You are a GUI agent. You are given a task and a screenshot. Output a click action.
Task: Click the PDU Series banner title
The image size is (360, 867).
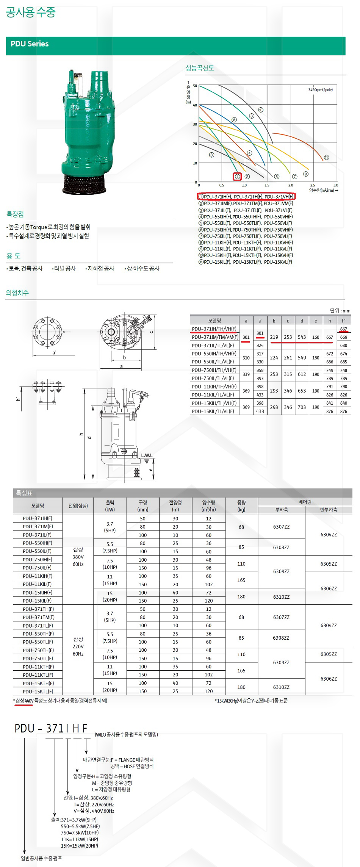pos(30,44)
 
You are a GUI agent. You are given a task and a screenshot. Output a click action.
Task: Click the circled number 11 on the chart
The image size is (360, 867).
pos(326,158)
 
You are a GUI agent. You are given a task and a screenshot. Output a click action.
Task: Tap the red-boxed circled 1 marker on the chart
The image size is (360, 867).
pos(237,176)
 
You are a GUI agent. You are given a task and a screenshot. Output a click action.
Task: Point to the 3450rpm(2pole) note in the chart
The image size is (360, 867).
pos(320,90)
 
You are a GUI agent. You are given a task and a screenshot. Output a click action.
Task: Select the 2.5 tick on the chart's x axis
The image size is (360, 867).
pos(312,185)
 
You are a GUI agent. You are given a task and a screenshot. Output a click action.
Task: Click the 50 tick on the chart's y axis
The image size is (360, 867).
pos(195,86)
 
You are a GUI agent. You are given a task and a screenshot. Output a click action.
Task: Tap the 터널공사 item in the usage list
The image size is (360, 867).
pos(64,268)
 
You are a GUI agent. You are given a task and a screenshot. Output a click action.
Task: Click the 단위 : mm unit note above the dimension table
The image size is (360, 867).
pos(340,310)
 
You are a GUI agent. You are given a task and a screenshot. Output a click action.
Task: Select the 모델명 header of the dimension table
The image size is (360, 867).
pos(214,321)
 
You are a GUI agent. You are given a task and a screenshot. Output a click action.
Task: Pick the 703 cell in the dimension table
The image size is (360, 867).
pos(302,407)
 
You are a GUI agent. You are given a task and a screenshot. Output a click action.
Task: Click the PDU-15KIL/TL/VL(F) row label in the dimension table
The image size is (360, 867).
pos(213,411)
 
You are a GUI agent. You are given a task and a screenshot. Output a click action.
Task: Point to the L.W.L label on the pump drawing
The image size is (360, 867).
pos(147,455)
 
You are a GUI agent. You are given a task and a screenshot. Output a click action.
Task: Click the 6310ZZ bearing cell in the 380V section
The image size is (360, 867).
pos(281,597)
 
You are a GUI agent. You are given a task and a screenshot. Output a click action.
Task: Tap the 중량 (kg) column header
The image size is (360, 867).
pos(241,505)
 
